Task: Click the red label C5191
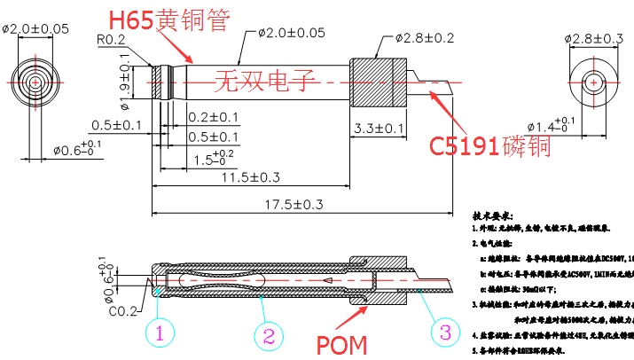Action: [465, 145]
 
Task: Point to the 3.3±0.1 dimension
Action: [379, 129]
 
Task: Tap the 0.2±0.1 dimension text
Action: [213, 117]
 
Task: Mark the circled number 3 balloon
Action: [444, 333]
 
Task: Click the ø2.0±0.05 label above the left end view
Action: [36, 28]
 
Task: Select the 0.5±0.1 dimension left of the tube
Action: [116, 125]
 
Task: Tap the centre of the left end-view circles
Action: [35, 82]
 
